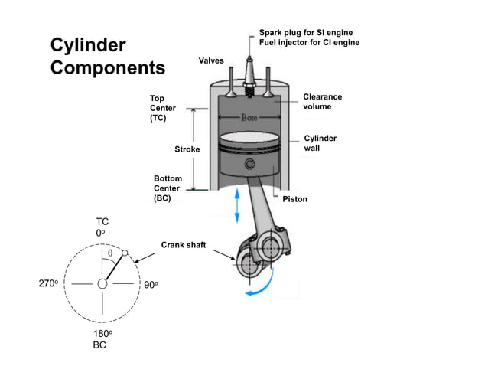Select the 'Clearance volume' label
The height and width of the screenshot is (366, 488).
(323, 102)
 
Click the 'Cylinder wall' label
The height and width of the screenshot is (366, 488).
(320, 143)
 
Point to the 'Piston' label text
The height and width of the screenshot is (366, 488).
(294, 199)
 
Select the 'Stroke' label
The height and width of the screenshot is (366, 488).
(187, 149)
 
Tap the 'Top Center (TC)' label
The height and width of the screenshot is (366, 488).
(162, 109)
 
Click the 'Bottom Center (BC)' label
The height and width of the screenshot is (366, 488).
(168, 188)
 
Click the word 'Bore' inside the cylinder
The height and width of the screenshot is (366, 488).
(249, 118)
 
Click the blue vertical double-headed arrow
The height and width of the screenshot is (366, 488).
(238, 206)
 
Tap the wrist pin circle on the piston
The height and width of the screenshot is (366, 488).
(249, 165)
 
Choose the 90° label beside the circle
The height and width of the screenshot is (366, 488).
(151, 285)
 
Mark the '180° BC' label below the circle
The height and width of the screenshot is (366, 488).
(102, 339)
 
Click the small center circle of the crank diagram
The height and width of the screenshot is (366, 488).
(102, 284)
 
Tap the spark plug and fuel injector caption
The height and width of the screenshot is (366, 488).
(308, 38)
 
